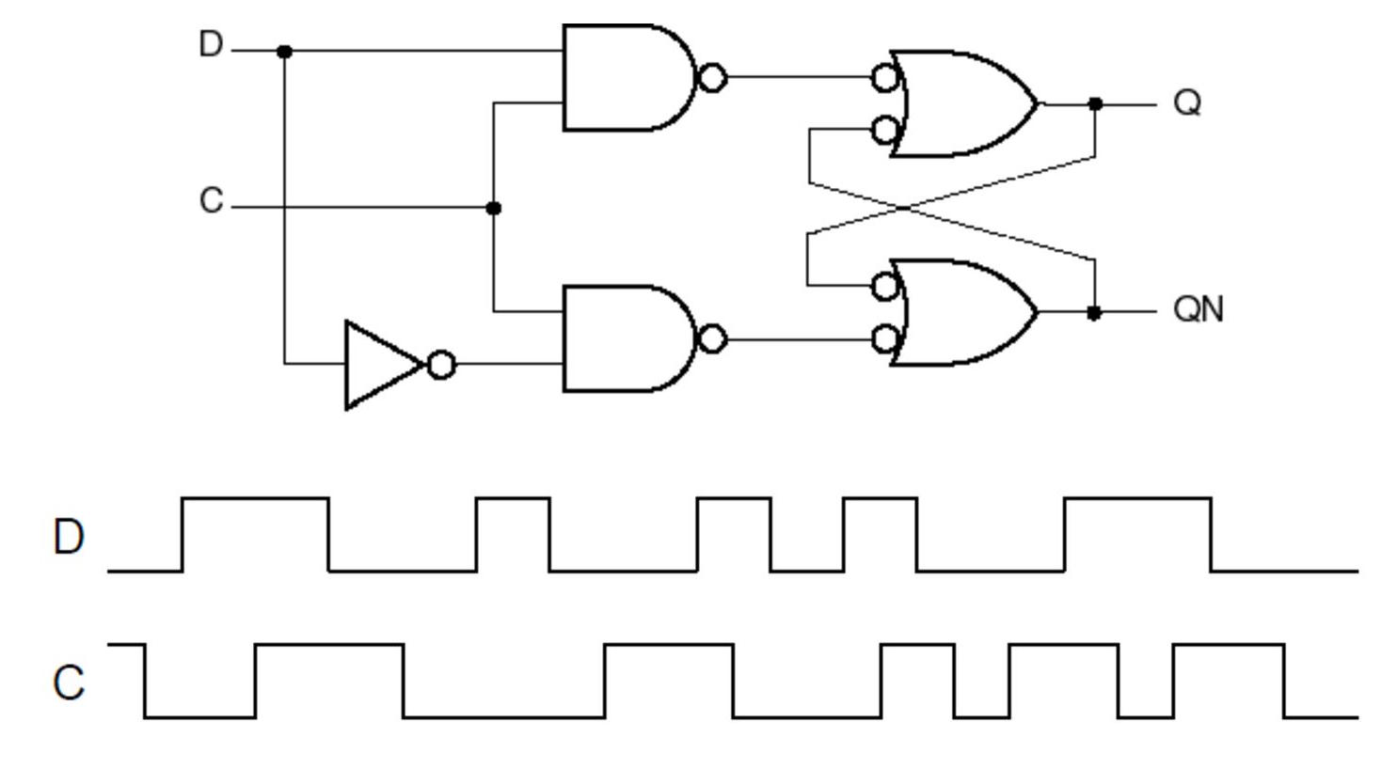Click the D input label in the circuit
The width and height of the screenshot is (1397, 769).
point(211,45)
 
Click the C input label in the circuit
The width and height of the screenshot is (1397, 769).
point(212,200)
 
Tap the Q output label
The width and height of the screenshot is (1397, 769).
point(1188,102)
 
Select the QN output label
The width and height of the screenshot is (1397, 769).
point(1199,309)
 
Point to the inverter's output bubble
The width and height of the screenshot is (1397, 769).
point(441,365)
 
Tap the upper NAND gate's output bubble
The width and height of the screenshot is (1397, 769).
point(713,78)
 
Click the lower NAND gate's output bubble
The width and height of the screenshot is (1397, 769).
point(713,338)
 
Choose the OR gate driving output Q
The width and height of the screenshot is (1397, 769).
point(969,103)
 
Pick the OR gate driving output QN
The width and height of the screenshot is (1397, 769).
point(969,312)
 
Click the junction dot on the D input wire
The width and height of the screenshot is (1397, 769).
point(285,51)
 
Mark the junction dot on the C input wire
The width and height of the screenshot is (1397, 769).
point(493,208)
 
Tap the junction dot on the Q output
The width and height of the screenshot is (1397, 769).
point(1095,103)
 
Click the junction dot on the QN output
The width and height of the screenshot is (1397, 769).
point(1094,312)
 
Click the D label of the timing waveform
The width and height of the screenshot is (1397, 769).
point(69,538)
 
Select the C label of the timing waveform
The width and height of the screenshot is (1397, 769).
point(69,683)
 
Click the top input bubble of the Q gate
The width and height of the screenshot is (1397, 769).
point(885,78)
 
